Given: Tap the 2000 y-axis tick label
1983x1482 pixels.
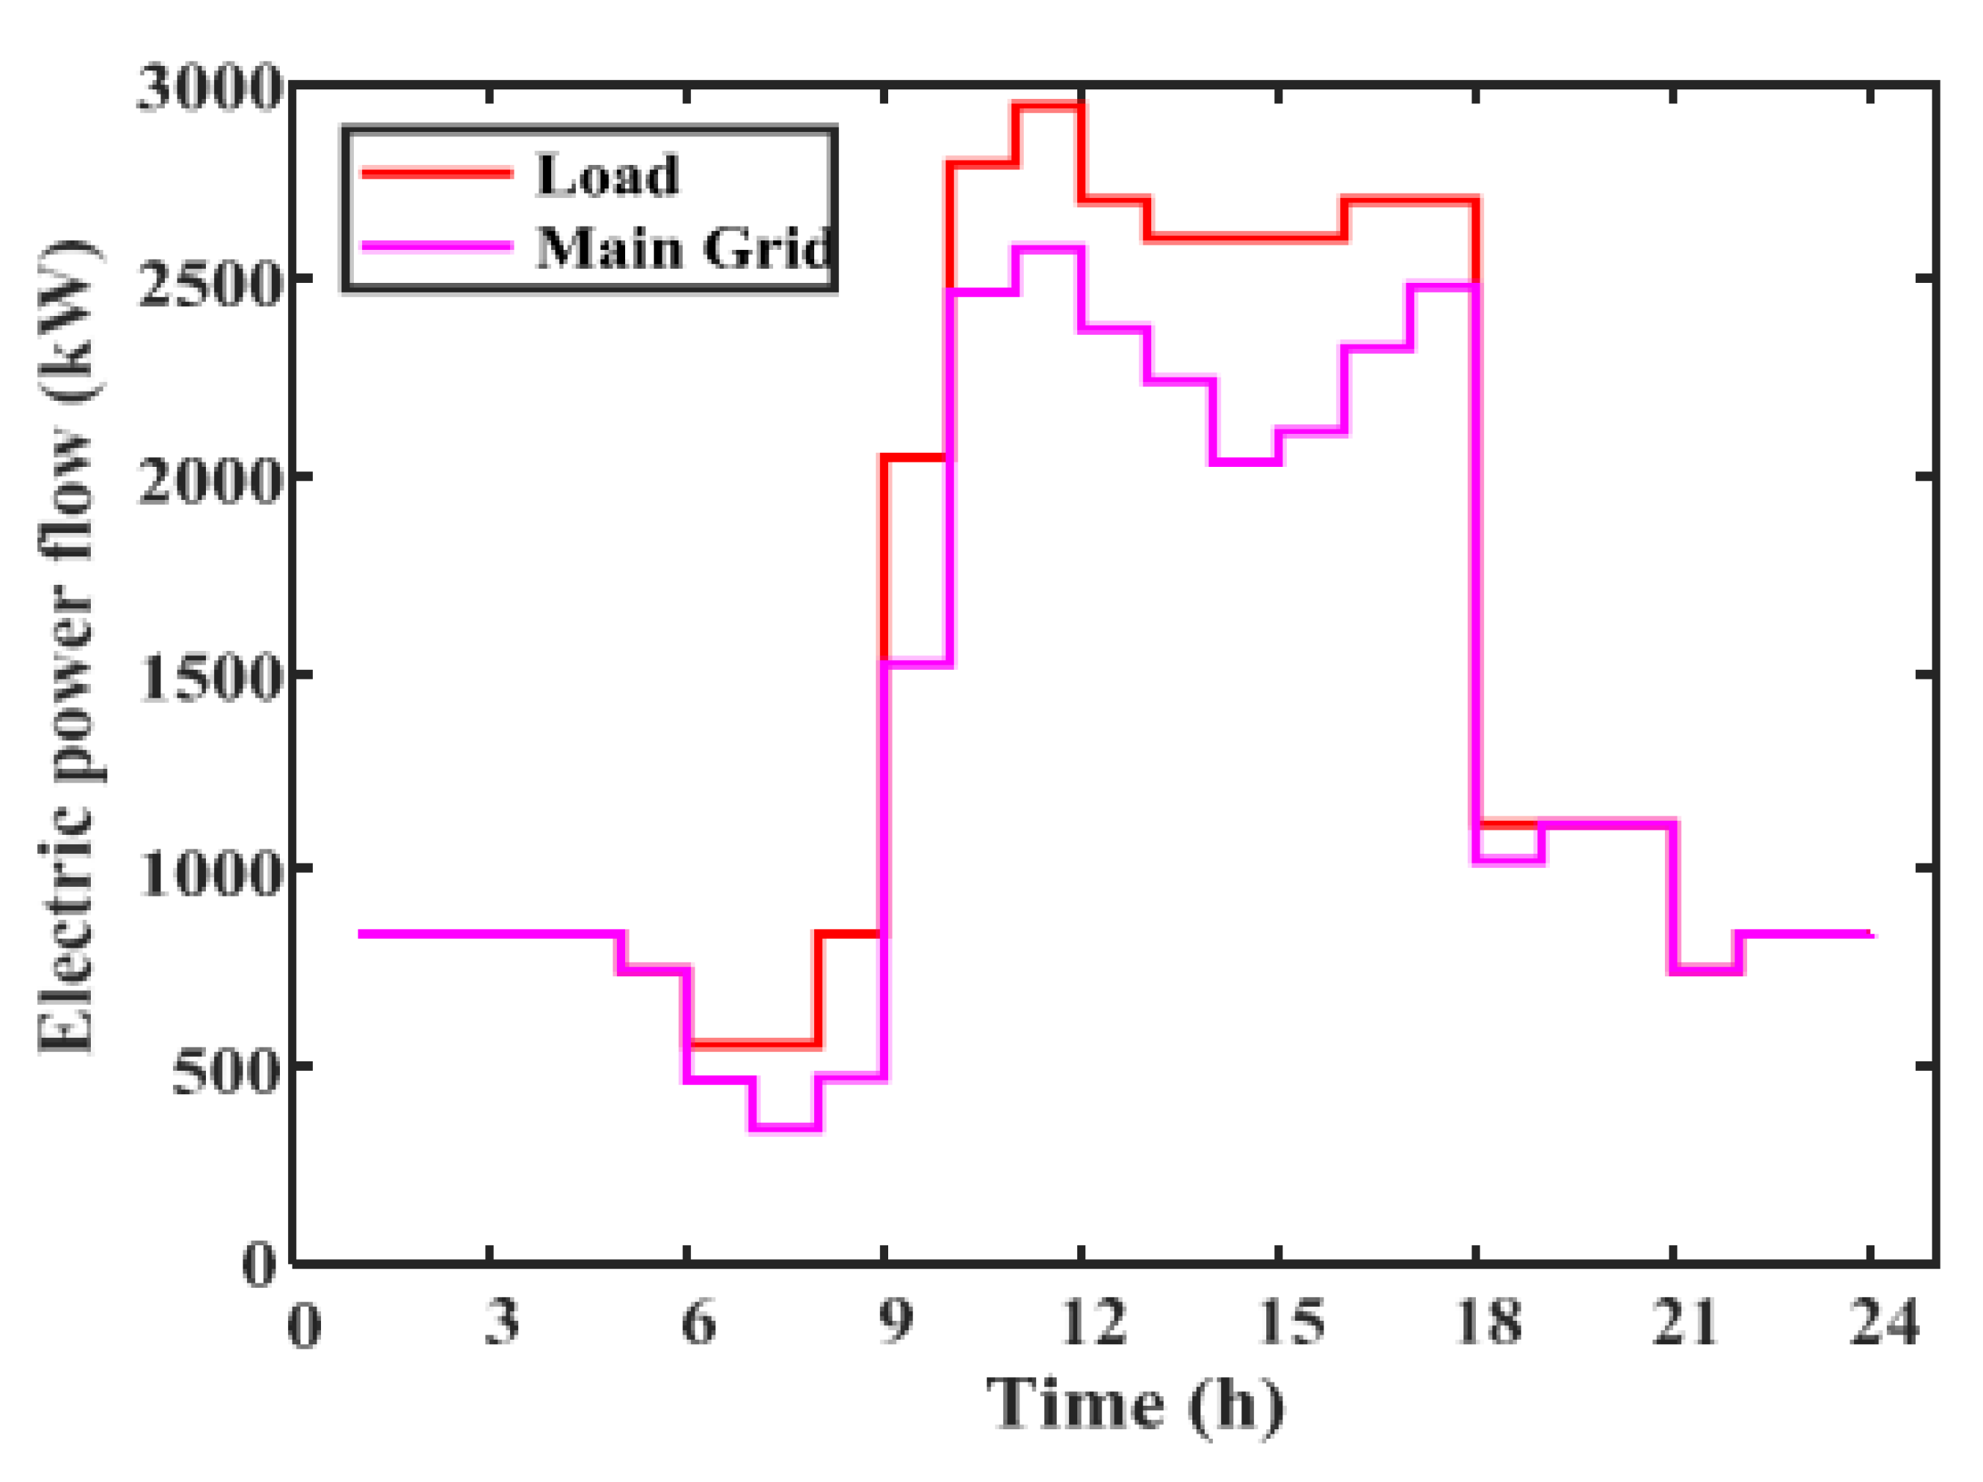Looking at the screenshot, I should pyautogui.click(x=210, y=482).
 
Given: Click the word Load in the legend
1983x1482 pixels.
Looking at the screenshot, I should pyautogui.click(x=607, y=175).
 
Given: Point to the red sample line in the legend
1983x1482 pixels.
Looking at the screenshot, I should pyautogui.click(x=437, y=173).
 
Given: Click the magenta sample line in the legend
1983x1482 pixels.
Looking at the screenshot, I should pyautogui.click(x=437, y=245).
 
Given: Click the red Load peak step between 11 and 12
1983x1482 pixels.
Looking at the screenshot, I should pyautogui.click(x=1049, y=106).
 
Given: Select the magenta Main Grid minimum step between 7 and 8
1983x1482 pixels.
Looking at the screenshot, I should pyautogui.click(x=786, y=1128).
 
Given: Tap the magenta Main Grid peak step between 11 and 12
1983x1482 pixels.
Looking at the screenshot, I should pyautogui.click(x=1049, y=248).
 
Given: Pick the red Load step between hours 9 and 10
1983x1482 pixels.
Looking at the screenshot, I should pyautogui.click(x=917, y=458).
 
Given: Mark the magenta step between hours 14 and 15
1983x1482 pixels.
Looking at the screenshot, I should pyautogui.click(x=1246, y=462).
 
